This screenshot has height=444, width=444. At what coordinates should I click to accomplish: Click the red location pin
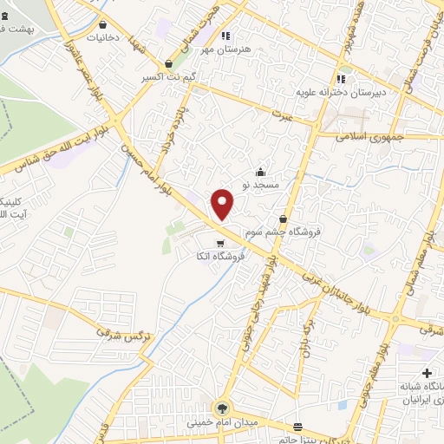tap(223, 203)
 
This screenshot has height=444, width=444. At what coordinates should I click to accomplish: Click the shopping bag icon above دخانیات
tap(105, 25)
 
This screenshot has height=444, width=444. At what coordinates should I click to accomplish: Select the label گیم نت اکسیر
tap(168, 77)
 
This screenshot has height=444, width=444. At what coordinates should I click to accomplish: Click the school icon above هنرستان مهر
tap(225, 36)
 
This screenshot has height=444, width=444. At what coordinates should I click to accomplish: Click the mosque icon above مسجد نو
tap(260, 172)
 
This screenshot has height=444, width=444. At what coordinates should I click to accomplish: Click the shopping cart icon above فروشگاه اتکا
tap(220, 243)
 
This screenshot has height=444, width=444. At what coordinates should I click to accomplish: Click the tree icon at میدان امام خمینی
tap(222, 408)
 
